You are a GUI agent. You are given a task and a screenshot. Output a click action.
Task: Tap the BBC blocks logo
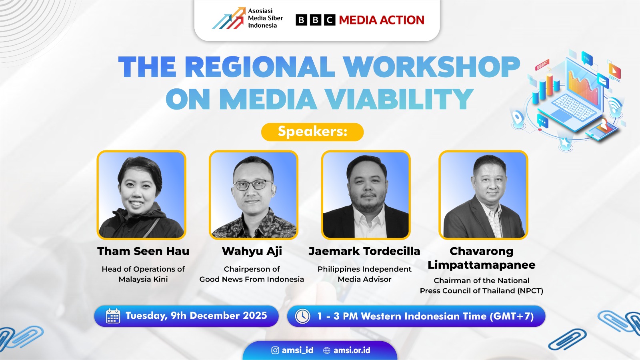[316, 20]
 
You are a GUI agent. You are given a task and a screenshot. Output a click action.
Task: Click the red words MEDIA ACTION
[382, 20]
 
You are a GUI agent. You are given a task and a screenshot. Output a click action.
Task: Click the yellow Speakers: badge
[312, 132]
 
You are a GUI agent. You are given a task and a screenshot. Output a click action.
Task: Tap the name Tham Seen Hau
[143, 251]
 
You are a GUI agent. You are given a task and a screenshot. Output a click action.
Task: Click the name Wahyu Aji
[252, 252]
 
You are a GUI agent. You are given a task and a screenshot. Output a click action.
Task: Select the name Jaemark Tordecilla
[364, 251]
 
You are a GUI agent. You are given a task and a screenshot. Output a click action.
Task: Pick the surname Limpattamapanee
[482, 265]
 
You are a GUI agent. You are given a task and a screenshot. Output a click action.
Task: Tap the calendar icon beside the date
[113, 316]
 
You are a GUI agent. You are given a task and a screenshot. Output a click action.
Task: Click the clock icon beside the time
[302, 316]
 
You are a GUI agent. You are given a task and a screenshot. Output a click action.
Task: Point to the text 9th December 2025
[219, 316]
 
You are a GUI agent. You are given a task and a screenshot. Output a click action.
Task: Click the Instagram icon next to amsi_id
[275, 350]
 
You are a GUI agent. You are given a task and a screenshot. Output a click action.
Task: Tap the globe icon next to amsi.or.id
[326, 350]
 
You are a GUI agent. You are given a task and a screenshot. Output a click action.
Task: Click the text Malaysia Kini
[143, 279]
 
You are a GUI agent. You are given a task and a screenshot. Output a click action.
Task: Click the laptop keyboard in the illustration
[574, 107]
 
